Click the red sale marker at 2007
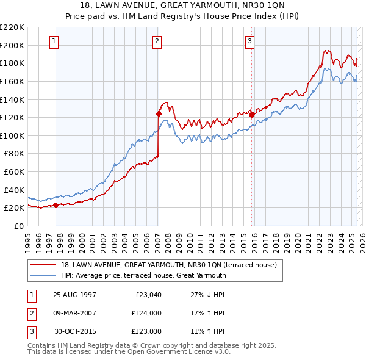pos(159,113)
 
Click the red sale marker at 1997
pos(56,205)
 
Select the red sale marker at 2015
pos(251,114)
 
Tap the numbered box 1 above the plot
pos(54,41)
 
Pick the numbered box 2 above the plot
pos(157,41)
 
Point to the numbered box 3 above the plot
pos(249,41)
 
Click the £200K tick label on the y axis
pos(12,45)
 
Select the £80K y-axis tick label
pos(14,154)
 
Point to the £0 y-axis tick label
pos(20,226)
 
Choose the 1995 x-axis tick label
pos(28,239)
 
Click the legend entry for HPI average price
pos(143,275)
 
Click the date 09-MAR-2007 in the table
pos(74,313)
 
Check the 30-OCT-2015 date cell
pos(74,331)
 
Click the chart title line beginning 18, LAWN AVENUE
pos(182,5)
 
